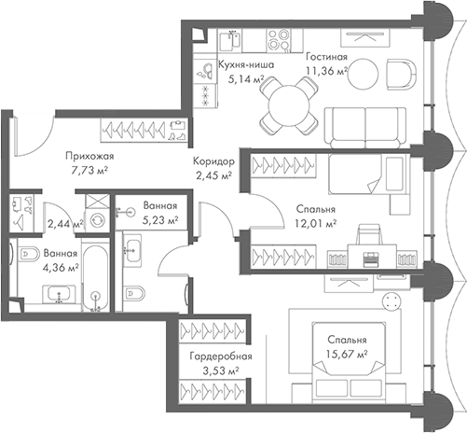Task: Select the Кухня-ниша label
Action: (246, 66)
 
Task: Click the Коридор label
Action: (214, 161)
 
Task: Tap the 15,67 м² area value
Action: (345, 354)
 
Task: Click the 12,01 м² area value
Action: (315, 224)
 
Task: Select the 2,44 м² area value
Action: (64, 224)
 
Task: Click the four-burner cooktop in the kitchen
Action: (279, 40)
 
